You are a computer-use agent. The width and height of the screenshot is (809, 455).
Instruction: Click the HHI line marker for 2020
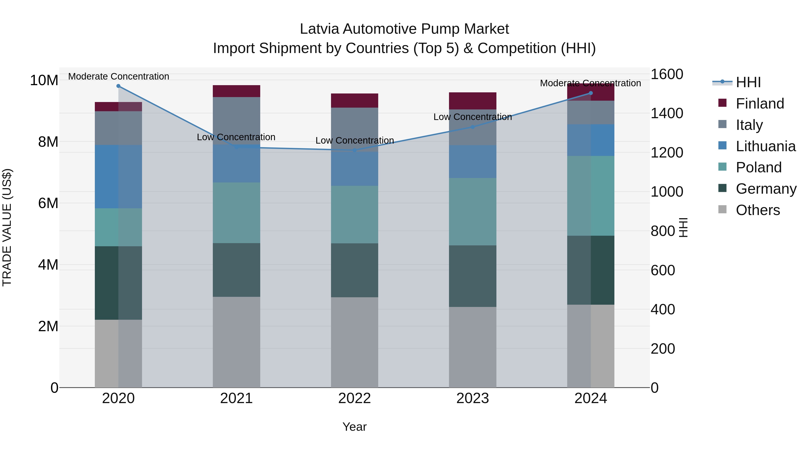coord(118,86)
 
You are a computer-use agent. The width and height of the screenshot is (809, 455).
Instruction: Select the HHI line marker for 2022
coord(355,150)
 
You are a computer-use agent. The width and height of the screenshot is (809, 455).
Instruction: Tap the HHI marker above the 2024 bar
coord(591,93)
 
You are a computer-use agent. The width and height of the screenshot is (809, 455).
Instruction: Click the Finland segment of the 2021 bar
coord(236,91)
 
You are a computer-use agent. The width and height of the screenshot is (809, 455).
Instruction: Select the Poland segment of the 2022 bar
coord(355,215)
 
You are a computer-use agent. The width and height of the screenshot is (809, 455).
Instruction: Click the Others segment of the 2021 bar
coord(236,342)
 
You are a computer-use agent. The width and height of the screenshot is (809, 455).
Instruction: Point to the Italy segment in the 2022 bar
coord(355,129)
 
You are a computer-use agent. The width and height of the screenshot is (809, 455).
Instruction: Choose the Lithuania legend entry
coord(765,146)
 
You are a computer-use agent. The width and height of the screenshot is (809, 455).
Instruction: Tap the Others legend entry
coord(758,210)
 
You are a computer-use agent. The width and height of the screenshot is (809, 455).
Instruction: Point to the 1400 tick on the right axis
coord(667,113)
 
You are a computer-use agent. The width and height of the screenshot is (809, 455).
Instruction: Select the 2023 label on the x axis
coord(473,398)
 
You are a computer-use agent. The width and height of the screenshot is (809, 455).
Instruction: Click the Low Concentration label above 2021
coord(236,137)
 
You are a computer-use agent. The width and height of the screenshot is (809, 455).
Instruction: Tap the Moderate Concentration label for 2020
coord(119,76)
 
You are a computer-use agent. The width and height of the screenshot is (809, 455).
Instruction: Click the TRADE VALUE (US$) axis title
coord(7,227)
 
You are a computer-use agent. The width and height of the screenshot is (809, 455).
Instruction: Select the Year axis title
coord(355,427)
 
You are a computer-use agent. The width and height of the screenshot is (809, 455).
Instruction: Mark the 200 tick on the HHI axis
coord(663,348)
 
